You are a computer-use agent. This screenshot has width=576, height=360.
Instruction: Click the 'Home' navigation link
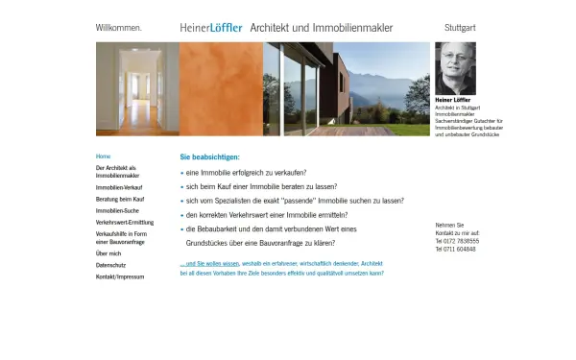(x=104, y=156)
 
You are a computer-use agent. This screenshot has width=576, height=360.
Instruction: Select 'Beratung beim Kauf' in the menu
(x=120, y=199)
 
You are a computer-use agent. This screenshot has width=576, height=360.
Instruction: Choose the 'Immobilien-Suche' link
(x=117, y=210)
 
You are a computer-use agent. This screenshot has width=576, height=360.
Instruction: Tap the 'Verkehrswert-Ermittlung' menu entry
(x=125, y=222)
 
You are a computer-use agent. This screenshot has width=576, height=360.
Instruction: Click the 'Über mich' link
(x=108, y=253)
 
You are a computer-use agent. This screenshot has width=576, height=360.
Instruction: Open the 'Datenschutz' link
(x=111, y=265)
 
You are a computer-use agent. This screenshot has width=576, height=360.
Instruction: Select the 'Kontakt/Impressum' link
(x=120, y=276)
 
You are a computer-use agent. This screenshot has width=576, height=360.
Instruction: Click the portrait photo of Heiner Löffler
(x=455, y=69)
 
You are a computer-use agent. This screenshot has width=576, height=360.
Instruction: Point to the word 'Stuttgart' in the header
(x=460, y=28)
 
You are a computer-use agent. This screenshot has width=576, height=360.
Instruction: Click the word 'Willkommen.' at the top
(x=119, y=28)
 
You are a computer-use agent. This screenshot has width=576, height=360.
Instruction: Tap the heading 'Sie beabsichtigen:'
(x=210, y=156)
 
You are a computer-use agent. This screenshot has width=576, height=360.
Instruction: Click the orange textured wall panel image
(x=221, y=88)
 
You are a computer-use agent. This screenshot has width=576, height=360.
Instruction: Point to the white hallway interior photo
(x=137, y=88)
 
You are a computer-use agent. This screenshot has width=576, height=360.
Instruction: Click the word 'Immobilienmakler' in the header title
(x=351, y=28)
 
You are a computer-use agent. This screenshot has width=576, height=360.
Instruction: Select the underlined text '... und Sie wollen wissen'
(x=210, y=264)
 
